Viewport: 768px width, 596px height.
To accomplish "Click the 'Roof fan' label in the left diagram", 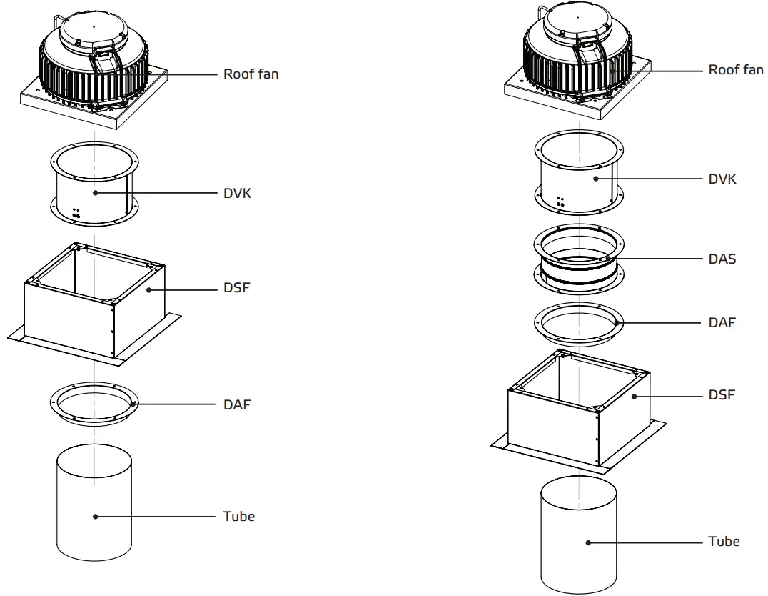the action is [x=251, y=74].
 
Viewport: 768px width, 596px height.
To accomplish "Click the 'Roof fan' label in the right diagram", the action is [x=735, y=69].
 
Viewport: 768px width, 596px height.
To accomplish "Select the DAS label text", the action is [x=722, y=259].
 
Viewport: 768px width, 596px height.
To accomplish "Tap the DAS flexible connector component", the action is [x=579, y=262].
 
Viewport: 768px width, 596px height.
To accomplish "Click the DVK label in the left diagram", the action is [x=237, y=193].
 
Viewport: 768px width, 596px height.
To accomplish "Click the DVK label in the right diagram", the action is [x=722, y=179].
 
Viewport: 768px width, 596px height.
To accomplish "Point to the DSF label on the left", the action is [x=237, y=288].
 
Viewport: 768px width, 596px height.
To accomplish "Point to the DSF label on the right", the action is [x=722, y=394].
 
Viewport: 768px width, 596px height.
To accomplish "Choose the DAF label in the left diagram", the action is [x=237, y=404].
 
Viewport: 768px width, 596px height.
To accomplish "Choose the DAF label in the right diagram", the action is [x=722, y=322].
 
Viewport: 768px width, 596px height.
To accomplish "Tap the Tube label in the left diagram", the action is [x=238, y=516].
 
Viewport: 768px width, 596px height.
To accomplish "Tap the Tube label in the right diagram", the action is [x=723, y=541].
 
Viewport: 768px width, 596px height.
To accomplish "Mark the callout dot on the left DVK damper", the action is [x=94, y=193].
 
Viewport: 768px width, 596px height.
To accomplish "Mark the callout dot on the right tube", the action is [x=589, y=542].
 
